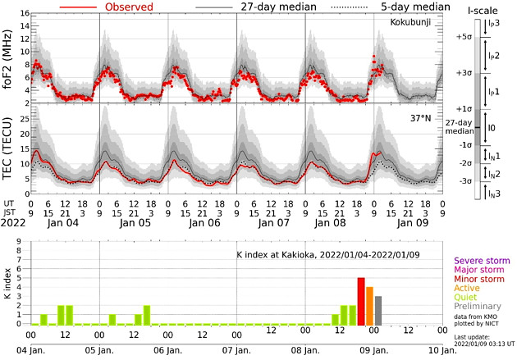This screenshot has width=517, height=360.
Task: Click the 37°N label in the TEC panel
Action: (419, 119)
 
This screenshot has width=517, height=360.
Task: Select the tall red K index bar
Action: (360, 301)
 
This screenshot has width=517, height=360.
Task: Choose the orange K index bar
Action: (369, 306)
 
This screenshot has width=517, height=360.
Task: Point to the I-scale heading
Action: (480, 11)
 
